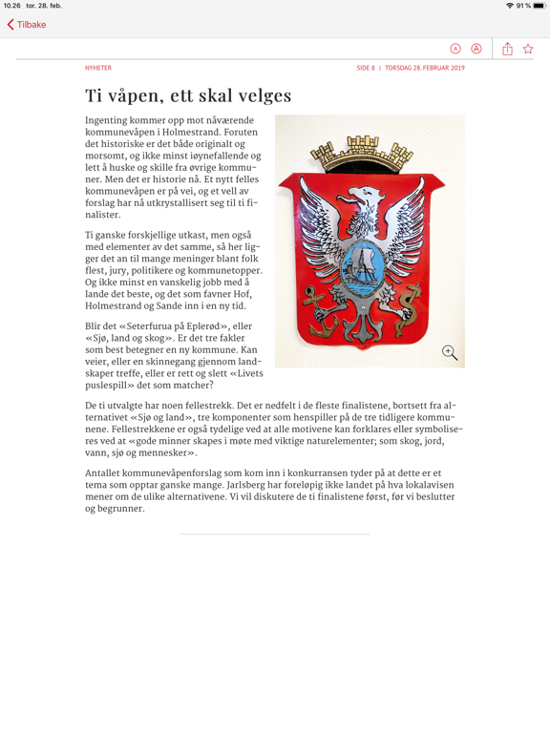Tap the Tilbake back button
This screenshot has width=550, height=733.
pos(27,25)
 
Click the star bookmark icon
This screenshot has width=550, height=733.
pos(528,49)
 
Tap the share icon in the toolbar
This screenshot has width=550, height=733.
pos(507,49)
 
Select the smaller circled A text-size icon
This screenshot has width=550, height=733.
pos(455,49)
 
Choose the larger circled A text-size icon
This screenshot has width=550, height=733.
pos(476,49)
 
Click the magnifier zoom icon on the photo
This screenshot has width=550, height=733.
pos(450,353)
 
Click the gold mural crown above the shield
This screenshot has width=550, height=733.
pos(369,152)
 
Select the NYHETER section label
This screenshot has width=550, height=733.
pos(98,68)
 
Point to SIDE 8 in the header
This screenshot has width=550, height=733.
pos(366,68)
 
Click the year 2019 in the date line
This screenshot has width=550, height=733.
pos(455,68)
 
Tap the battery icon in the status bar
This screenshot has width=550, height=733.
pos(539,6)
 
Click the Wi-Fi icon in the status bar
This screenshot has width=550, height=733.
pos(510,6)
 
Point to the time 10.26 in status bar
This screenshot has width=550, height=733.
pos(11,6)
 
